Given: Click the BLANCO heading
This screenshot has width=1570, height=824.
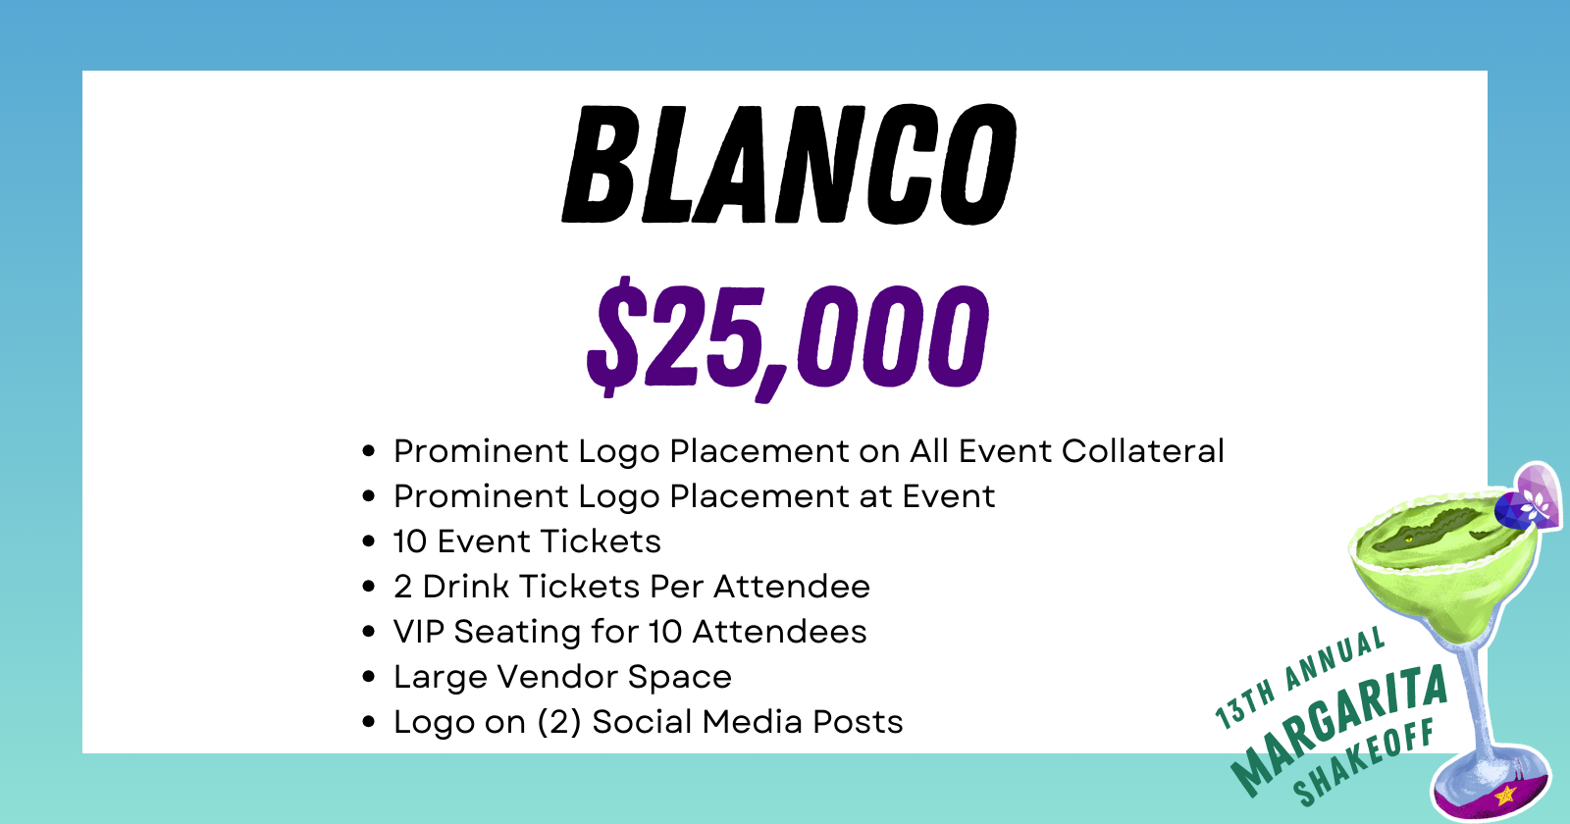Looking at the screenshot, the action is pyautogui.click(x=790, y=165).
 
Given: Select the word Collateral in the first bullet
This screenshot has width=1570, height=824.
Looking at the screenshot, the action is pyautogui.click(x=1142, y=450).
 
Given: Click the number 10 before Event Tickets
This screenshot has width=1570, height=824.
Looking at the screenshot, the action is pyautogui.click(x=410, y=541).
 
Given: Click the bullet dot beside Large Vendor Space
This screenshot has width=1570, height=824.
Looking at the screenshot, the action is pyautogui.click(x=369, y=677).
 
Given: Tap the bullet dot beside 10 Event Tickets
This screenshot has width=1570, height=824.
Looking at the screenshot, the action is pyautogui.click(x=369, y=541).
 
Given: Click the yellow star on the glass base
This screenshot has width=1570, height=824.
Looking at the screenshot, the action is pyautogui.click(x=1505, y=795).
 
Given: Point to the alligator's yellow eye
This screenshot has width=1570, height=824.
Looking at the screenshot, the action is pyautogui.click(x=1409, y=540).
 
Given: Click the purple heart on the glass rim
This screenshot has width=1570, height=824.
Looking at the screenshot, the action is pyautogui.click(x=1539, y=495).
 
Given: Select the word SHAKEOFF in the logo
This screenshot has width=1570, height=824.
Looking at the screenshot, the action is pyautogui.click(x=1363, y=764).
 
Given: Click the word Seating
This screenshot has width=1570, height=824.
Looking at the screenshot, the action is pyautogui.click(x=516, y=633).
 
